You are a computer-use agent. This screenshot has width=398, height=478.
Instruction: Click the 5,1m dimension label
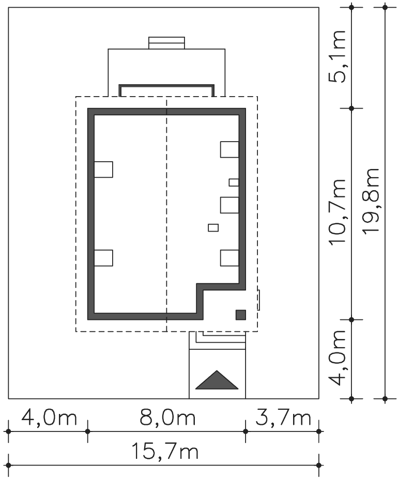click(337, 56)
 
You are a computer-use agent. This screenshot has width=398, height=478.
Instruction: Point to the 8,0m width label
click(167, 418)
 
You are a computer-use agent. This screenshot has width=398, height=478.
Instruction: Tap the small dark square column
click(241, 315)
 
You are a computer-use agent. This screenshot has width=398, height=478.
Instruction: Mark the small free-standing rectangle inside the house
click(213, 228)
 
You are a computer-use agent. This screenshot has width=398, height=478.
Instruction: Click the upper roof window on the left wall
click(103, 169)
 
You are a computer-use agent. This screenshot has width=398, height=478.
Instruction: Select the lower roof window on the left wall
click(103, 258)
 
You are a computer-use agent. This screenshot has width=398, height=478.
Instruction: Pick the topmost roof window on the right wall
click(229, 149)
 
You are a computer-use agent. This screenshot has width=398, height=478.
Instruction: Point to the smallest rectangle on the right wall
click(234, 182)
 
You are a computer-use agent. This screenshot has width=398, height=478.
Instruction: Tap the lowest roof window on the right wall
click(229, 258)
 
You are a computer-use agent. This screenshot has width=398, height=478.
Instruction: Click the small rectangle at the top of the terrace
click(166, 43)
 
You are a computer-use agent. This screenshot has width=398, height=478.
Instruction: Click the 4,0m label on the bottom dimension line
click(49, 418)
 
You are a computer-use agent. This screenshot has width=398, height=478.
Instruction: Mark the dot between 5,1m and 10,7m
click(351, 108)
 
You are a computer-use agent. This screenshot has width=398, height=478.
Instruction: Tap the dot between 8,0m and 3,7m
click(246, 431)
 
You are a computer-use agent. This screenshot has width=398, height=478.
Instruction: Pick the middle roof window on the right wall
click(229, 205)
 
